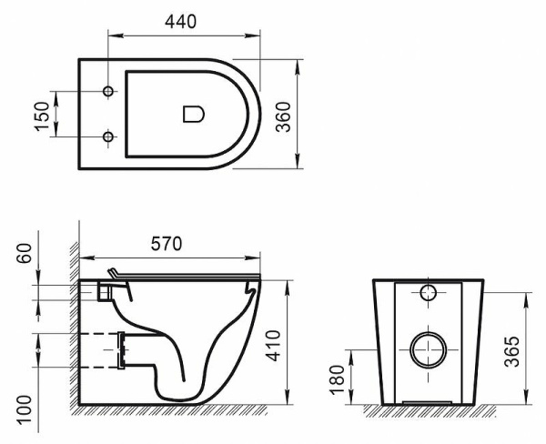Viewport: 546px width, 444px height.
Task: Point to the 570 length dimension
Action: point(167,243)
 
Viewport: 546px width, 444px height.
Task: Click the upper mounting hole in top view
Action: point(109,92)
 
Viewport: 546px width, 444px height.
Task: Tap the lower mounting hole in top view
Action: point(109,136)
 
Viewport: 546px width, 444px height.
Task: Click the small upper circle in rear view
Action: point(429,293)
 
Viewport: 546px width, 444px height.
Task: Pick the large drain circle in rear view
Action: point(427,348)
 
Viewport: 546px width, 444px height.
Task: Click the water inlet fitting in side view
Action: point(106,291)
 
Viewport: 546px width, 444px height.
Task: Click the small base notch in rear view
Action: point(427,401)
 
